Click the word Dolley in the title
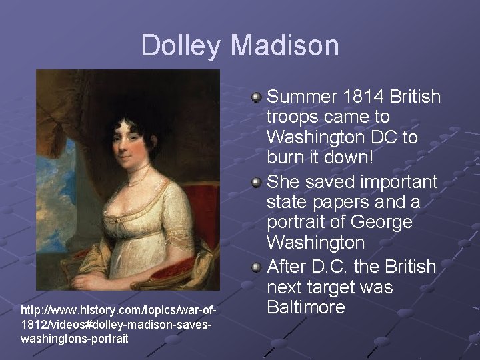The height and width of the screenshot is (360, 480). [181, 45]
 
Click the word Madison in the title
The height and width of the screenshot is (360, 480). [285, 45]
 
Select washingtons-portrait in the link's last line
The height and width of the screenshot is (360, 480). [65, 338]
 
